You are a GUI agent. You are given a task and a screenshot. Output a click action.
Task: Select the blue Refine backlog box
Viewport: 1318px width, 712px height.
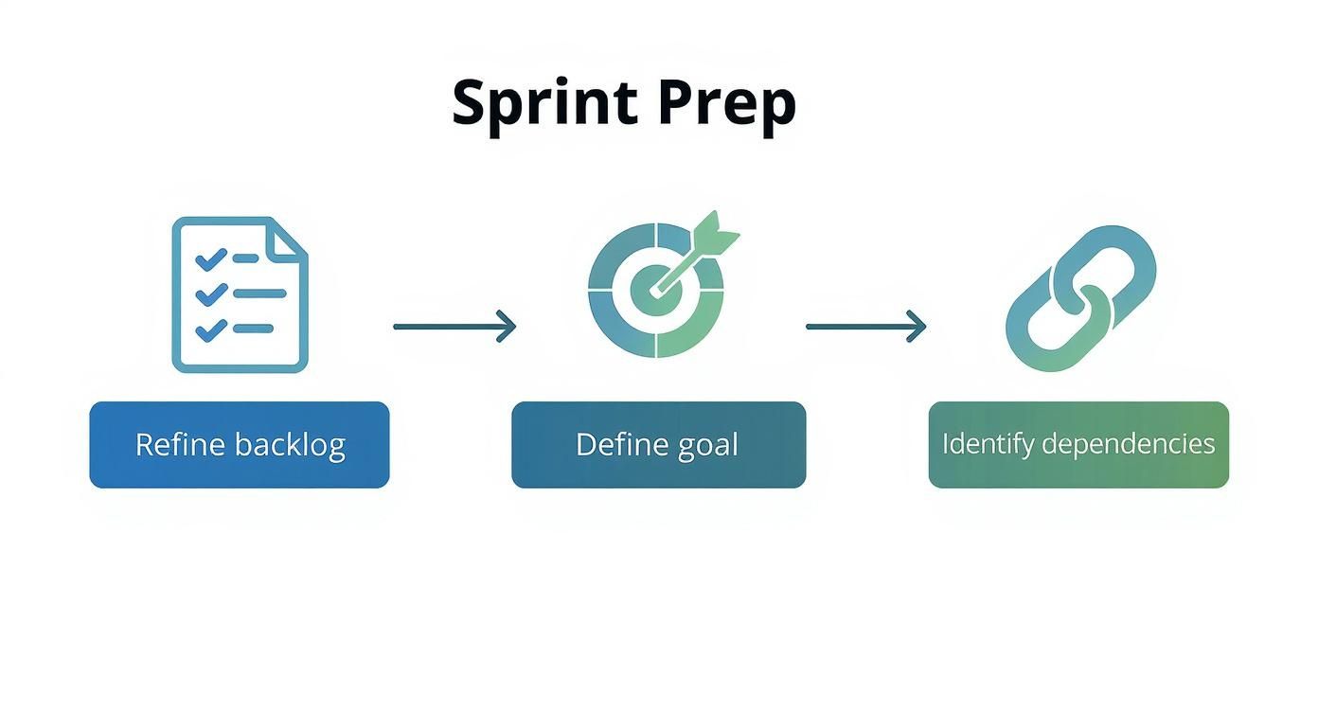point(240,445)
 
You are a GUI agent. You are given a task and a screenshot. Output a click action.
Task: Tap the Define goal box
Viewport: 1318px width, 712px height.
point(658,445)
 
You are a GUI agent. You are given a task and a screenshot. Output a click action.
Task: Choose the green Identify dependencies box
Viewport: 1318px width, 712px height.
point(1078,445)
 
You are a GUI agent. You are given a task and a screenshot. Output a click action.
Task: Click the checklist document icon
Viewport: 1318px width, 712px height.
point(240,294)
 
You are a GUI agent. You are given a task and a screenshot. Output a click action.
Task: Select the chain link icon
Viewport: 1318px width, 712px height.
point(1080,297)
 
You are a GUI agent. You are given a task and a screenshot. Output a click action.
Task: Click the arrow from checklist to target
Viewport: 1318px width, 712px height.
point(454,327)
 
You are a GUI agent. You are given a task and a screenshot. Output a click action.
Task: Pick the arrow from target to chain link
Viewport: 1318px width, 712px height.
point(865,327)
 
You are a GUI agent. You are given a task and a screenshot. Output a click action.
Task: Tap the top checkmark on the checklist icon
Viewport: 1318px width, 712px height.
point(210,258)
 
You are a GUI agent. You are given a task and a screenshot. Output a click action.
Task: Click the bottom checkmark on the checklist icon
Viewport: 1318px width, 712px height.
point(210,329)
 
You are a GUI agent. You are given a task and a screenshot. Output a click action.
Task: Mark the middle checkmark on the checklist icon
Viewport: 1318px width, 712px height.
point(210,294)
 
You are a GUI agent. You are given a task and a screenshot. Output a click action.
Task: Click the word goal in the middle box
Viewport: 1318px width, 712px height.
point(708,445)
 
